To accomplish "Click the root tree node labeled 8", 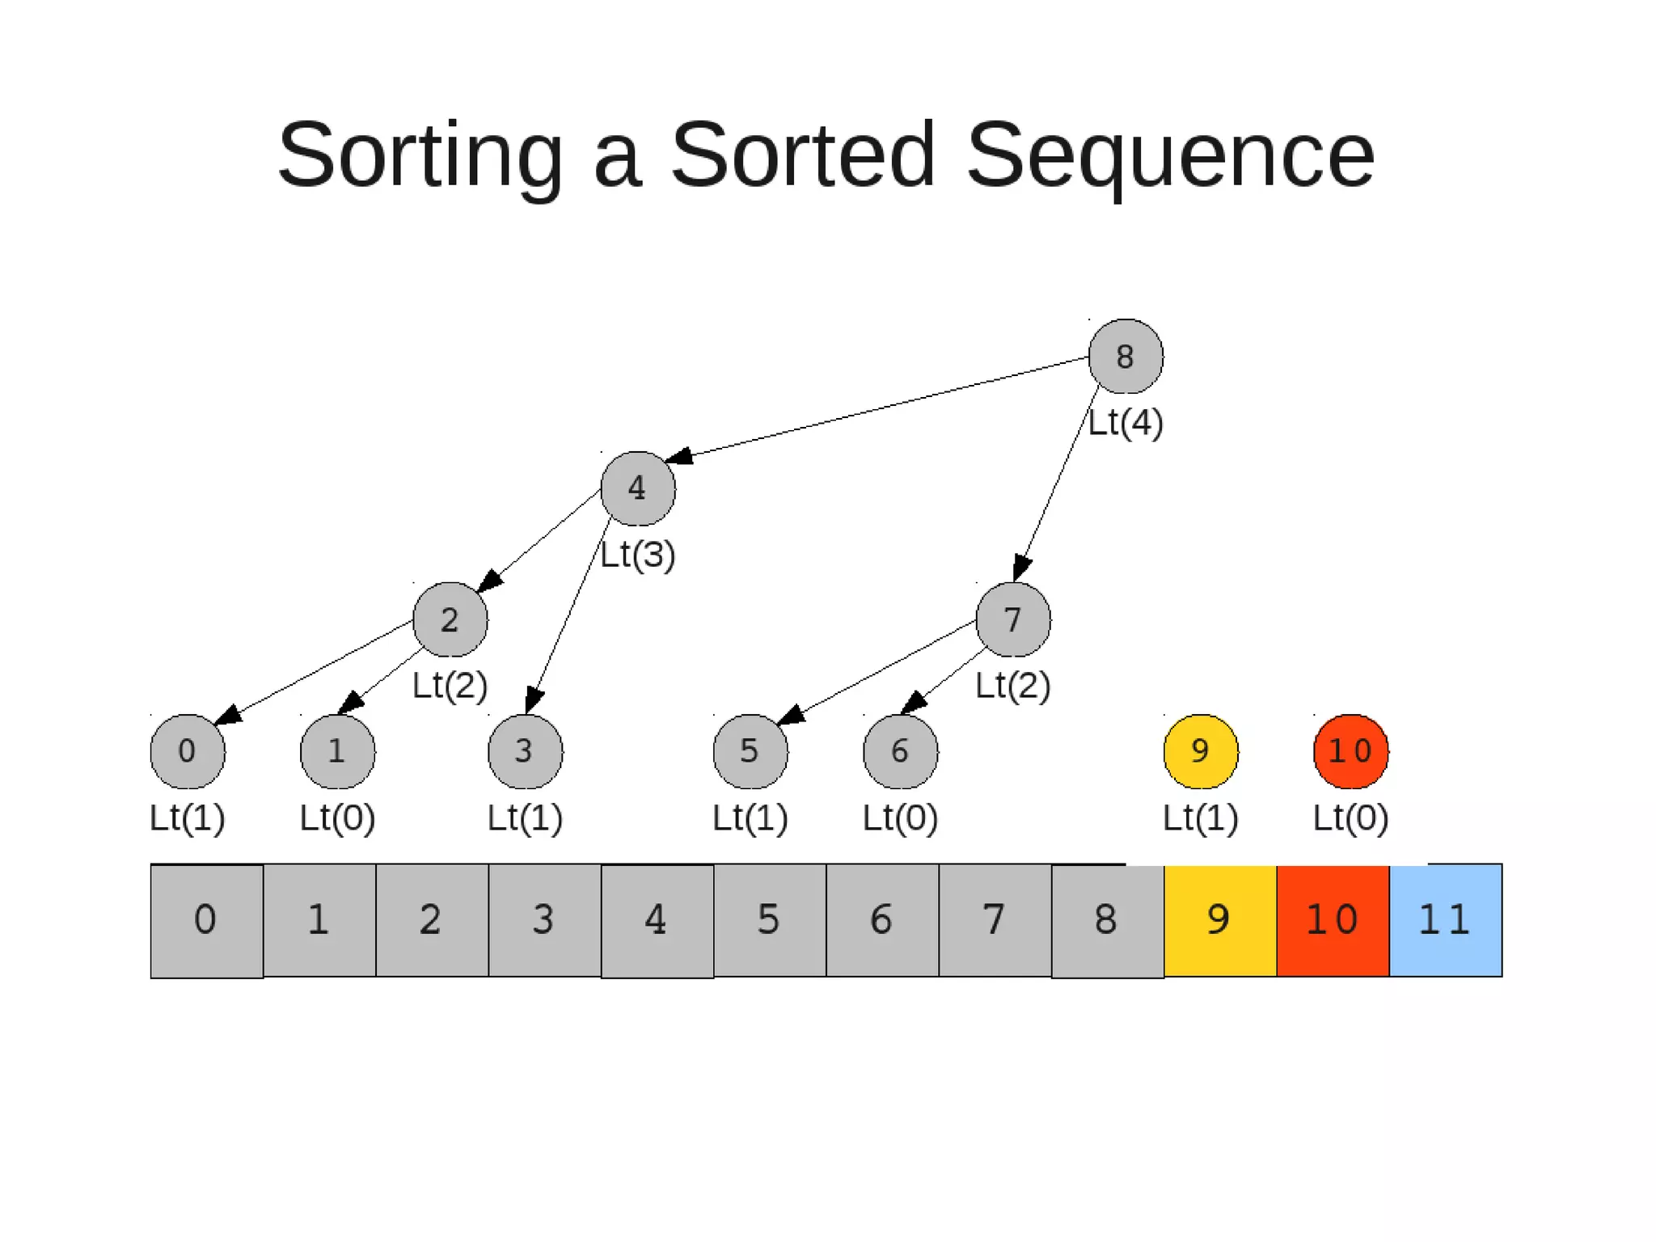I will tap(1126, 357).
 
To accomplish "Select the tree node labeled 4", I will tap(638, 488).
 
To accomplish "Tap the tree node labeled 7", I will tap(1013, 619).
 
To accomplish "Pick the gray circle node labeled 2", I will tap(450, 619).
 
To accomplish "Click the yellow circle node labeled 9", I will tap(1201, 751).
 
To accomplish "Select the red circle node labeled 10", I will tap(1350, 751).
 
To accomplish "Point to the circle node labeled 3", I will tap(526, 751).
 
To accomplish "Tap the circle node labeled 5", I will tap(750, 751).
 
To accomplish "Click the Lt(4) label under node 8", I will tap(1126, 423).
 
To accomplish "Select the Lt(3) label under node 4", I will tap(638, 555).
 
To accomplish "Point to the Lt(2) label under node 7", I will tap(1013, 686).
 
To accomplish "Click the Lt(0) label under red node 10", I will tap(1350, 817).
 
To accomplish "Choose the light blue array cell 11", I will tap(1446, 920).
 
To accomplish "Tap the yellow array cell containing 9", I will tap(1220, 920).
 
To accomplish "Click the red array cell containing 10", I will tap(1333, 920).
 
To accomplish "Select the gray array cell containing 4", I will tap(657, 920).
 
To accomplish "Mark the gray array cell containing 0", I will tap(207, 920).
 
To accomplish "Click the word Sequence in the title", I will tap(1169, 154).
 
